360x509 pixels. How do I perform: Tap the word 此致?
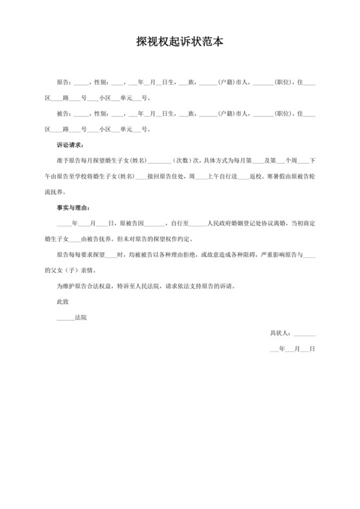click(62, 301)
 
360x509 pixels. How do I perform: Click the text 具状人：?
click(280, 333)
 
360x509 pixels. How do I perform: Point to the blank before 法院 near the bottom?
click(65, 317)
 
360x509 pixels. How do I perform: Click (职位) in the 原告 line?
click(283, 82)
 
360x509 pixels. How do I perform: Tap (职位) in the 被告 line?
click(283, 113)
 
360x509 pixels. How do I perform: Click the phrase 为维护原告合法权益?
click(87, 286)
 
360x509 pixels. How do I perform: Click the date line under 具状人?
click(292, 349)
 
